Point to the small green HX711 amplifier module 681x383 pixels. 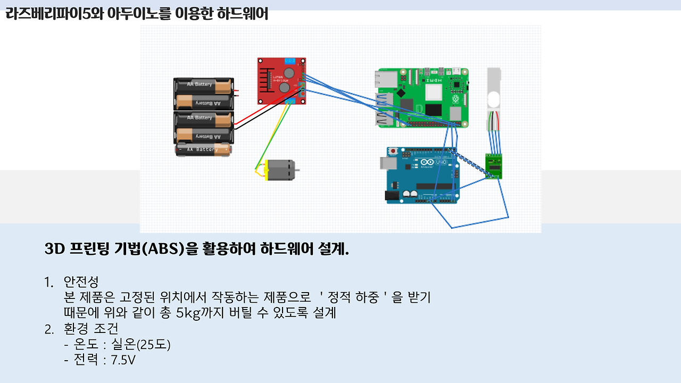click(493, 165)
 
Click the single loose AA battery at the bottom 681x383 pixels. click(204, 150)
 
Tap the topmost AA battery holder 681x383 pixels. click(204, 93)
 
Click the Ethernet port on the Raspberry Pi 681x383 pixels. click(385, 80)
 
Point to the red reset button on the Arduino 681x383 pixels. click(393, 151)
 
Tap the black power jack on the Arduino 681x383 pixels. click(392, 196)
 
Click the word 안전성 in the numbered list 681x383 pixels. click(81, 281)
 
